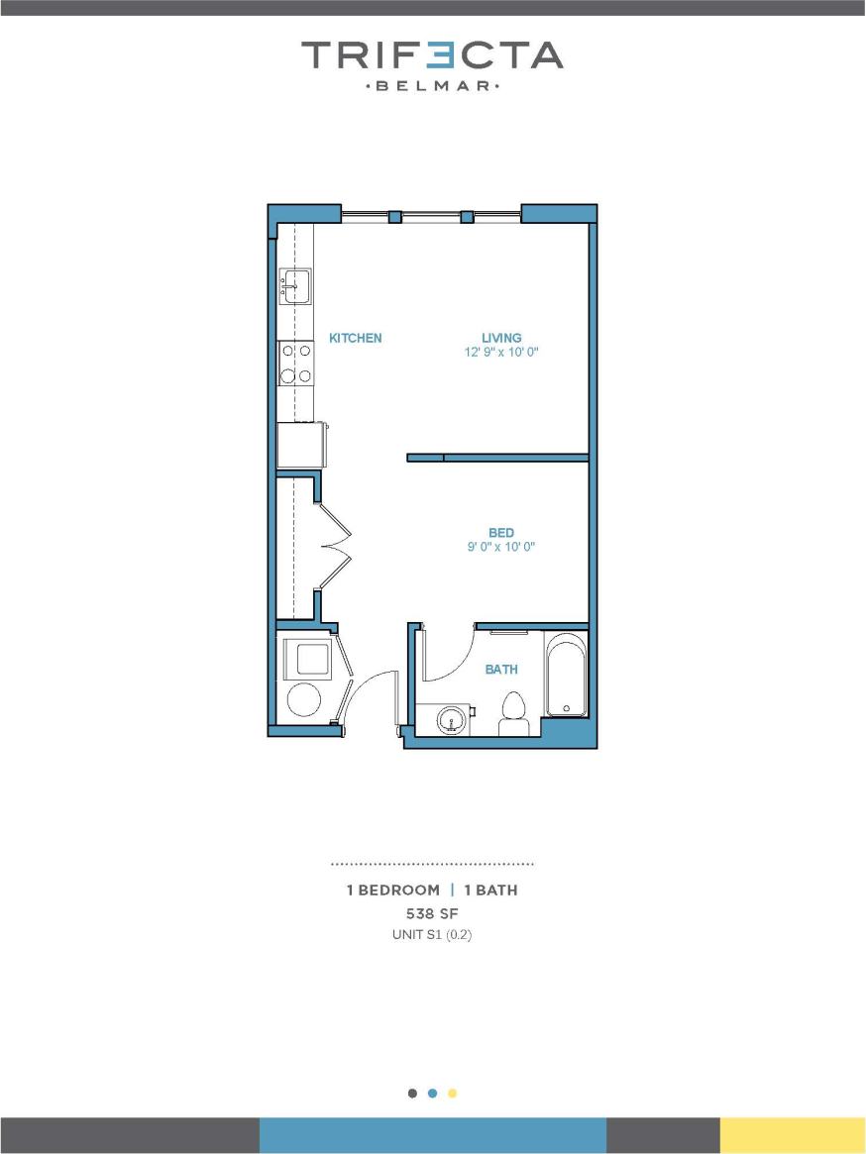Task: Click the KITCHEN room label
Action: click(355, 338)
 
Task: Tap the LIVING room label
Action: click(501, 338)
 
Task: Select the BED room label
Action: click(501, 533)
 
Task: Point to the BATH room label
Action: click(501, 670)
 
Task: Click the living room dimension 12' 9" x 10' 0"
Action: click(501, 352)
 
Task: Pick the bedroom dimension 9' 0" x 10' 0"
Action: click(501, 547)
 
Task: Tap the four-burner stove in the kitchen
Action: click(295, 363)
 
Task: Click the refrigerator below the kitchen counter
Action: click(301, 445)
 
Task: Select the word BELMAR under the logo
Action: click(433, 86)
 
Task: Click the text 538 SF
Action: click(432, 912)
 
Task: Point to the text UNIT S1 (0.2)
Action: click(432, 934)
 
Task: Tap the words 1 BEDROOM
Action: click(392, 890)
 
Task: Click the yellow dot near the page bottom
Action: click(453, 1094)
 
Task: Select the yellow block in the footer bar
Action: click(793, 1135)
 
